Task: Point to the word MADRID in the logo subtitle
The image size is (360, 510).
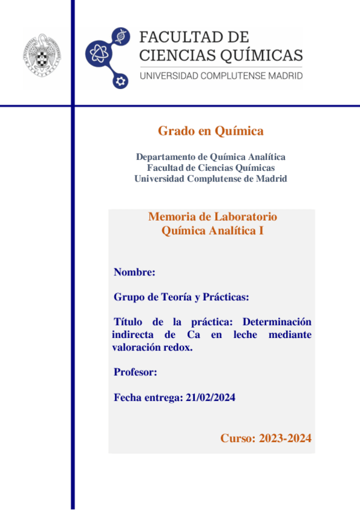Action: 285,76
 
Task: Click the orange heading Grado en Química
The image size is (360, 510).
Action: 211,131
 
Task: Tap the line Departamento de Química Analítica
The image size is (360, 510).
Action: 211,157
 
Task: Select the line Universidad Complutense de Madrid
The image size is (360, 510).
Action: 211,179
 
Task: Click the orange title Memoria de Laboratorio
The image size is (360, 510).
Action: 212,217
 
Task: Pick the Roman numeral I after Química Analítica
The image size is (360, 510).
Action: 261,230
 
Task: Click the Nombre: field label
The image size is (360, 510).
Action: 135,272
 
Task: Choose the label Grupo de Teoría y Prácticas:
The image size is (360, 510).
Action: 181,297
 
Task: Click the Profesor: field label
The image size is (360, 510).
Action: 135,372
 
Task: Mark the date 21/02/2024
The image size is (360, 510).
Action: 211,398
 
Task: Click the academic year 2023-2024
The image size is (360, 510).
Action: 285,438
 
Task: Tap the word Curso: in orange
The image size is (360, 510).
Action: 238,438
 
